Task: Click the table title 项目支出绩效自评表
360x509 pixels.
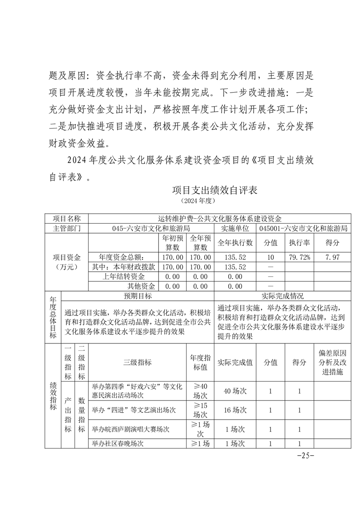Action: point(215,190)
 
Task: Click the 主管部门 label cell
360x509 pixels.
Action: point(67,228)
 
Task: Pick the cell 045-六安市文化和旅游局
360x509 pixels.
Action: point(151,228)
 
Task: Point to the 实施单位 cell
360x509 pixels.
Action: point(235,228)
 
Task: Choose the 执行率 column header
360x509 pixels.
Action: point(299,243)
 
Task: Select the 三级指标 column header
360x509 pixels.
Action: point(137,362)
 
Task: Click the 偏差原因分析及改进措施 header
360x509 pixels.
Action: point(332,362)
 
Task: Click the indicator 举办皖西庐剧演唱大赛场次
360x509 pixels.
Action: point(131,429)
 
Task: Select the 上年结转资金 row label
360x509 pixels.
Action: point(124,276)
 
